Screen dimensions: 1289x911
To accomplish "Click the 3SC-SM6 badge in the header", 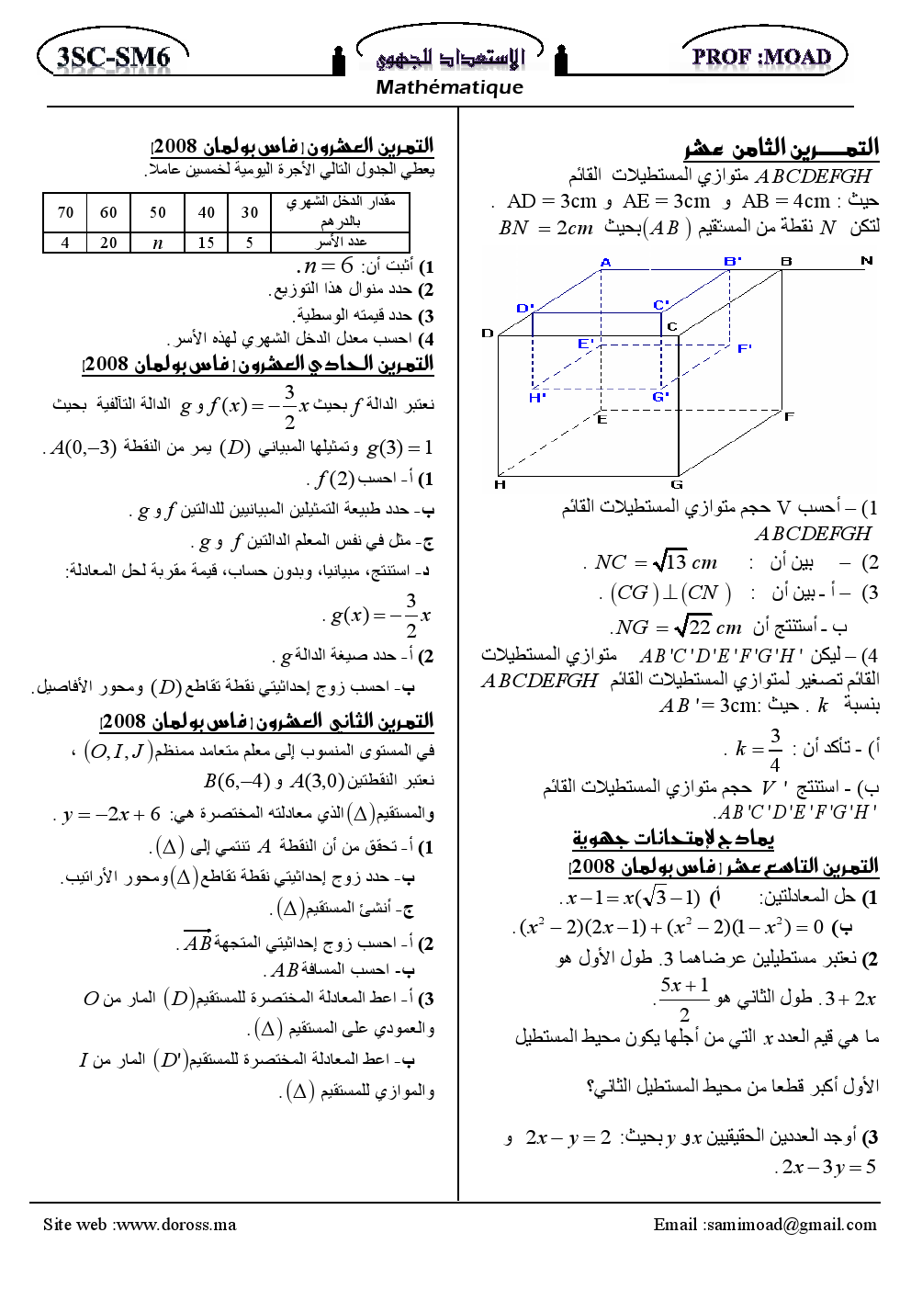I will [113, 57].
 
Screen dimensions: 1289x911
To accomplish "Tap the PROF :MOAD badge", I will [762, 56].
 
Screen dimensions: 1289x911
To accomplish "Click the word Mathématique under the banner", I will [449, 87].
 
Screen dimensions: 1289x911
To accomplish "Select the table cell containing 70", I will [65, 212].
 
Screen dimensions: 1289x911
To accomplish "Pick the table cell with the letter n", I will [157, 243].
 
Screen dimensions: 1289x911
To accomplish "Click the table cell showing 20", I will [108, 243].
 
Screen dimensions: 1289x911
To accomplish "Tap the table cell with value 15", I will [206, 243].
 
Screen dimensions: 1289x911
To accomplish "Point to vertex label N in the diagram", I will [866, 261].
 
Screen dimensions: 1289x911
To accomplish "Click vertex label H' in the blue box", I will [537, 397].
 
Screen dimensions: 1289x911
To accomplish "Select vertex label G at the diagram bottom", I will [677, 484].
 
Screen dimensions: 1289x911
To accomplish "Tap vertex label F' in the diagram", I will [744, 348].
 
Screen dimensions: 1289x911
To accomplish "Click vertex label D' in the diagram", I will [524, 308].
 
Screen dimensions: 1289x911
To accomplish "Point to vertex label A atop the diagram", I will [605, 262].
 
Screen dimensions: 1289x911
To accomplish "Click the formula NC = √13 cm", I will [656, 562].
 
